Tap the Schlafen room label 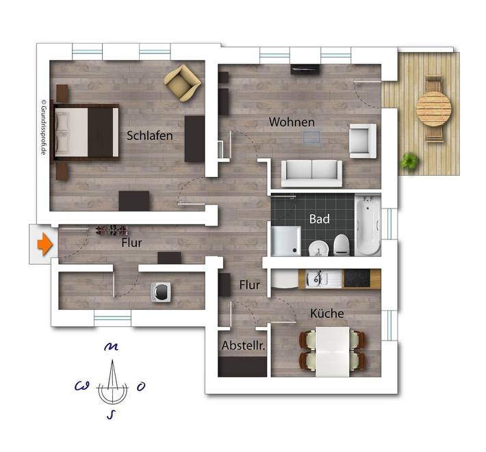point(150,135)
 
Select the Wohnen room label point(292,122)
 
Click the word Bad point(319,220)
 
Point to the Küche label point(327,314)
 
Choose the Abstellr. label point(243,347)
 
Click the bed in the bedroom point(86,131)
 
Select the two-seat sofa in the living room point(312,173)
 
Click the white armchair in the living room point(361,140)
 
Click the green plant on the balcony point(410,161)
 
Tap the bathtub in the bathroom point(368,226)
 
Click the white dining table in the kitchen point(332,351)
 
